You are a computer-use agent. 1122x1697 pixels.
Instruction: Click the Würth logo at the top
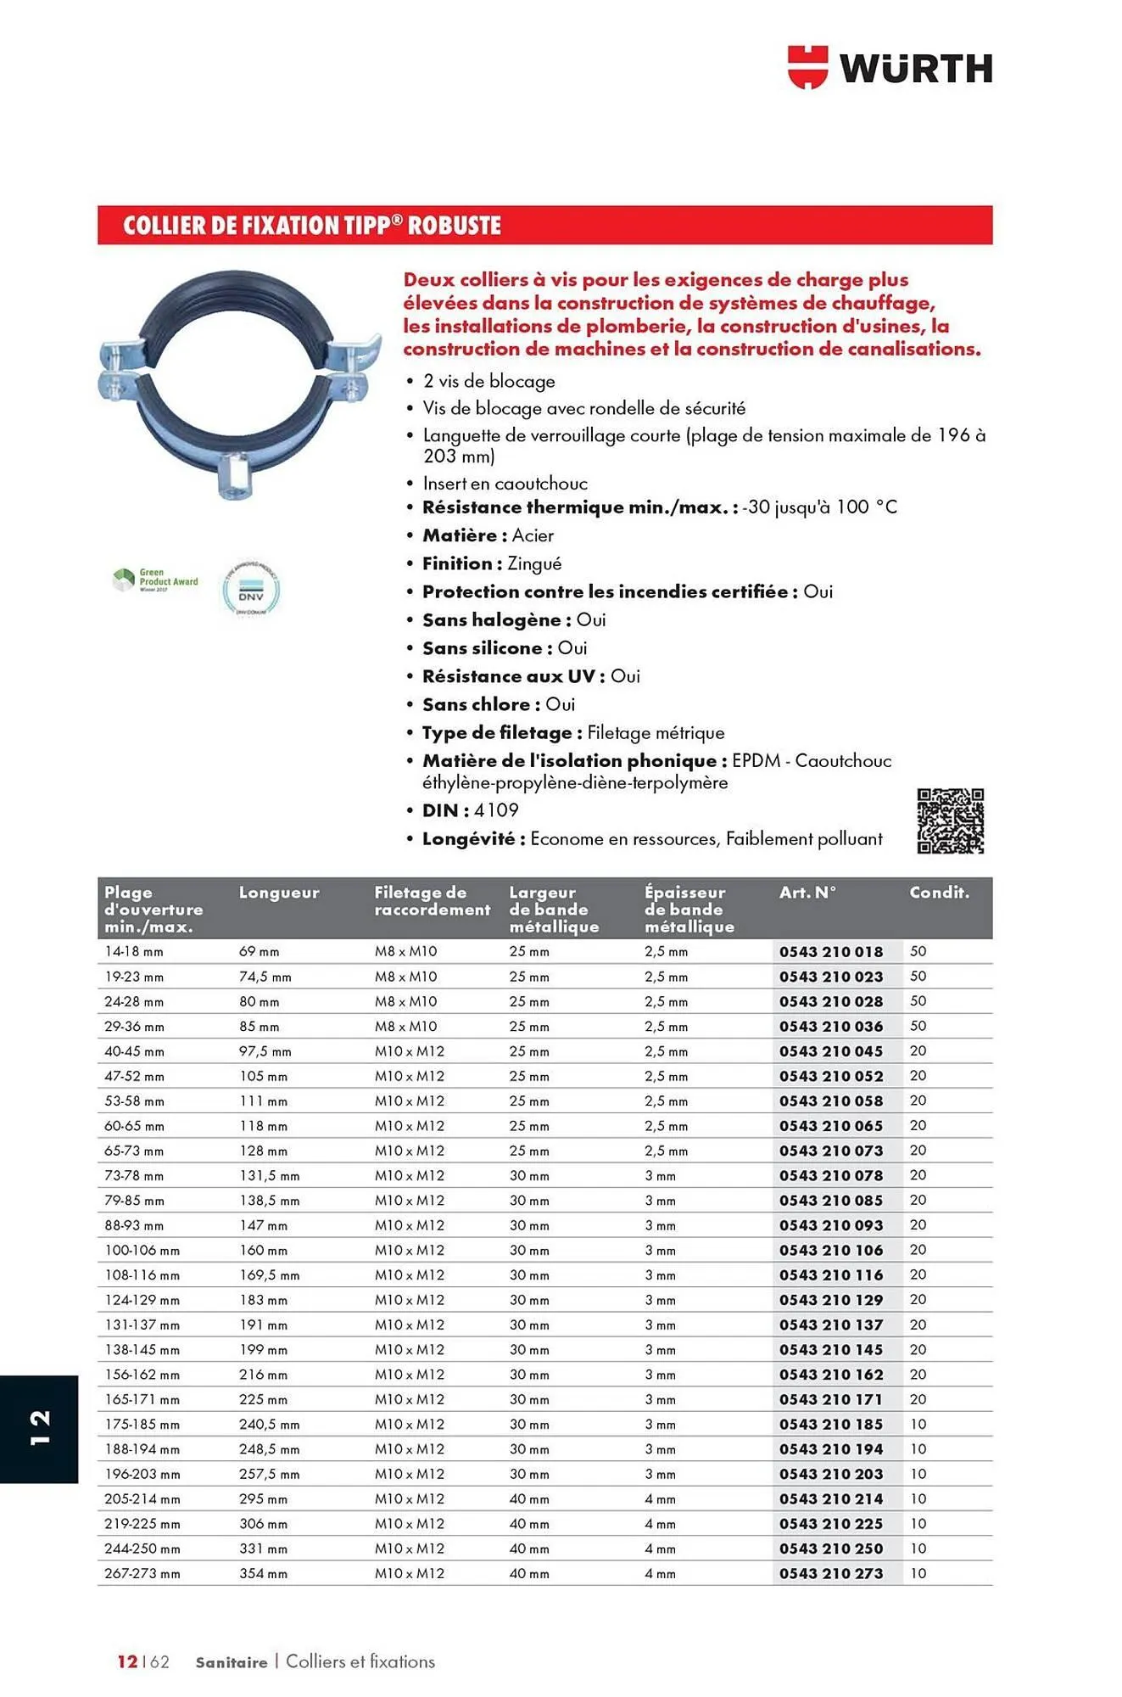tap(890, 68)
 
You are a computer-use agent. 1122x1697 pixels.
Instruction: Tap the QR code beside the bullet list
tap(950, 820)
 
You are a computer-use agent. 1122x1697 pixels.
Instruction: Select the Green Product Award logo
tap(156, 580)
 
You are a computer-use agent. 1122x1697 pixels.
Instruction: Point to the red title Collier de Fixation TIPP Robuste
tap(312, 226)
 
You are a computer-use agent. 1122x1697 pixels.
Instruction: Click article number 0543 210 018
tap(831, 952)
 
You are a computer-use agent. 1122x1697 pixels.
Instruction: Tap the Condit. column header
tap(939, 893)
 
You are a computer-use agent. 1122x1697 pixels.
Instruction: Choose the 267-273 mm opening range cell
tap(142, 1574)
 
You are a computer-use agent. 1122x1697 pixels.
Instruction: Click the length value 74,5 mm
tap(265, 977)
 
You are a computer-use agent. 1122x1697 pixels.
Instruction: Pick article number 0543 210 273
tap(831, 1574)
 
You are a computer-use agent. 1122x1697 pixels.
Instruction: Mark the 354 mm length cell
tap(263, 1574)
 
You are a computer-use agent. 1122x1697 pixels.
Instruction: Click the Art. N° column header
tap(807, 893)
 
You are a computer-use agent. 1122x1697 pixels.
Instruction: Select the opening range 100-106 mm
tap(142, 1251)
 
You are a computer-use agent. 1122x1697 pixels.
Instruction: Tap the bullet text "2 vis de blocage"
tap(489, 382)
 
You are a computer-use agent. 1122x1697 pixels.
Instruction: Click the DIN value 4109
tap(496, 810)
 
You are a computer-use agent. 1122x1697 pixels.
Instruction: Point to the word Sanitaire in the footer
tap(232, 1662)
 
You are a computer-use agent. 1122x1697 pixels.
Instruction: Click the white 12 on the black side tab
tap(39, 1427)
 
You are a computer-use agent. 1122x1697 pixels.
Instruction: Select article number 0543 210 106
tap(831, 1251)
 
